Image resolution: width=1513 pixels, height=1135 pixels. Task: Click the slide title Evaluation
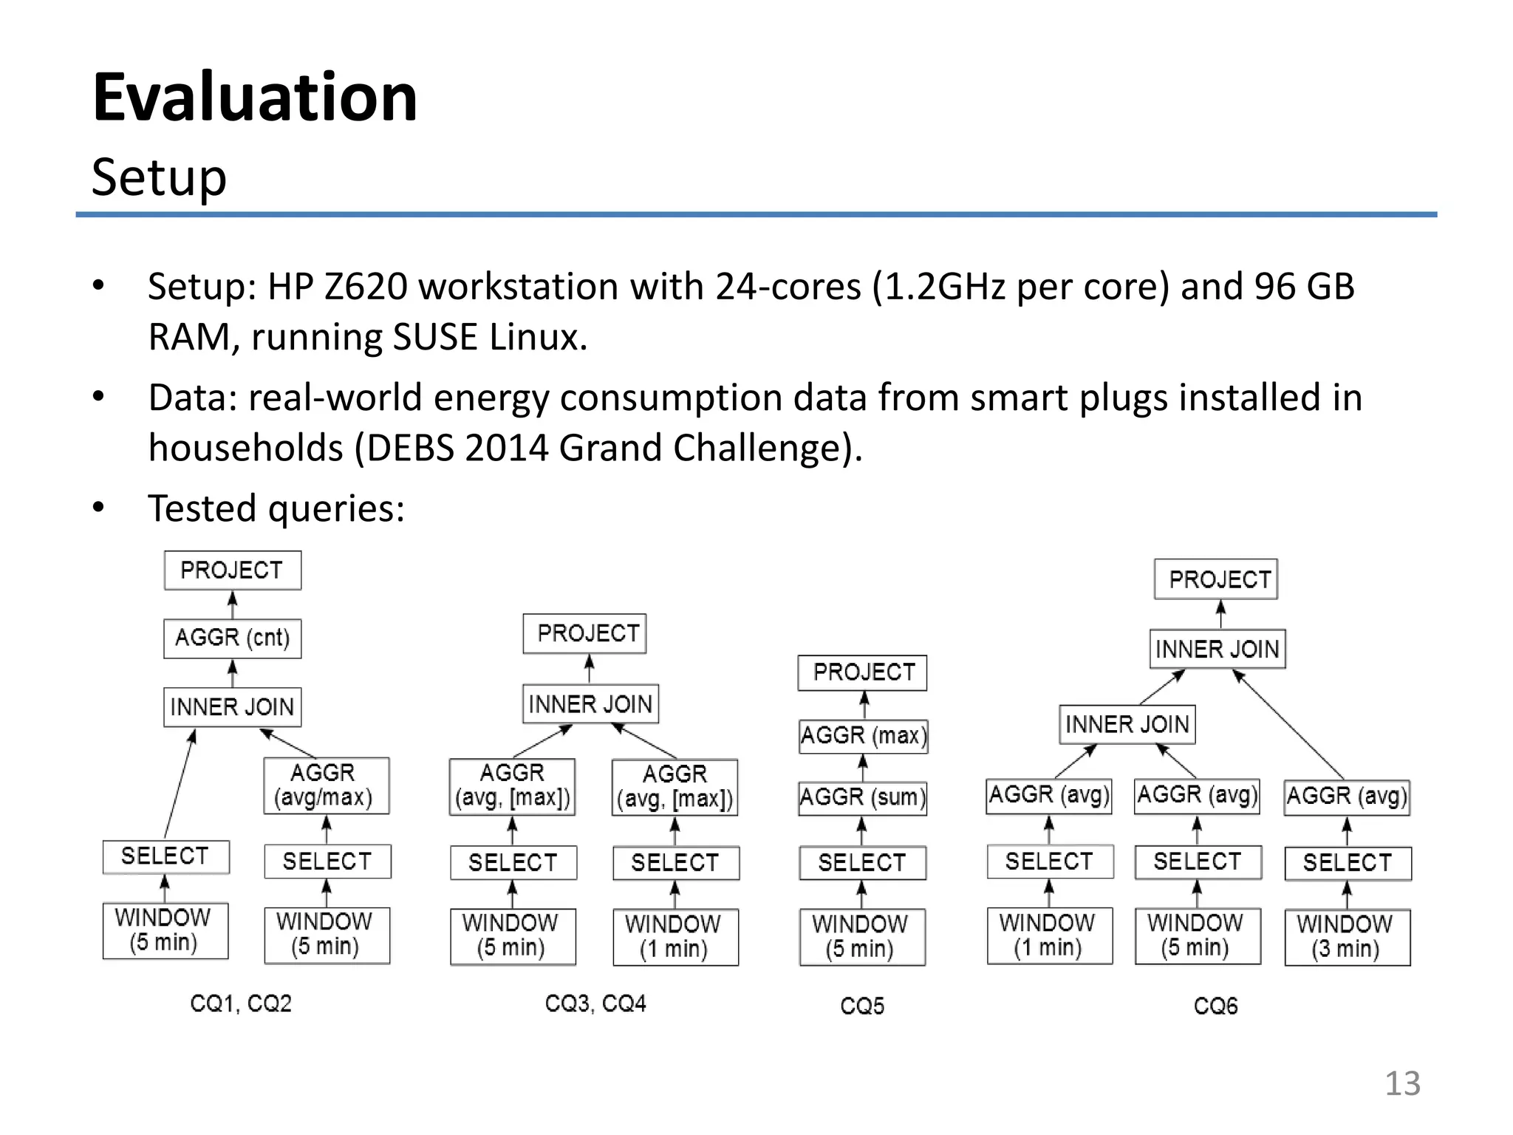tap(255, 98)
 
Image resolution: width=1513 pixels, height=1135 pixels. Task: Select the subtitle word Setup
tap(159, 177)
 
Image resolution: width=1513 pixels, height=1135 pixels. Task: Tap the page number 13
tap(1401, 1083)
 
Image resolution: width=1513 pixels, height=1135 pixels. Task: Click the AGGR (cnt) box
tap(232, 638)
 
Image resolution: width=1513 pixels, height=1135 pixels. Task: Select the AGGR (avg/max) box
tap(326, 785)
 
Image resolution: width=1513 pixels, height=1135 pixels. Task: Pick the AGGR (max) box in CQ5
tap(863, 736)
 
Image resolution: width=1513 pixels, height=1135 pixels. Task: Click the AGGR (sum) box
tap(862, 798)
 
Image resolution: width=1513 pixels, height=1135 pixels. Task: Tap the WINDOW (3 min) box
tap(1346, 936)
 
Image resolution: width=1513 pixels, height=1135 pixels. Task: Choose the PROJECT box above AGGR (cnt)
tap(232, 570)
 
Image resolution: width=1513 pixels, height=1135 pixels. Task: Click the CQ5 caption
tap(861, 1006)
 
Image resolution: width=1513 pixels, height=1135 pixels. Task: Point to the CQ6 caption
tap(1215, 1006)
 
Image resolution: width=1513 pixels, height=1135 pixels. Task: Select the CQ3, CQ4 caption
tap(595, 1003)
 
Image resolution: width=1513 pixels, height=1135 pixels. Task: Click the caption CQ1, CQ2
tap(241, 1003)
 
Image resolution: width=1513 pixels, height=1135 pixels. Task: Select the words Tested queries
tap(276, 508)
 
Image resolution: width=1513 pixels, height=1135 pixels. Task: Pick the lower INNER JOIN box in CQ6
tap(1127, 724)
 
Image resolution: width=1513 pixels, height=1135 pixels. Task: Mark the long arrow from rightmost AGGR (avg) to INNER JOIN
tap(1289, 724)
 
